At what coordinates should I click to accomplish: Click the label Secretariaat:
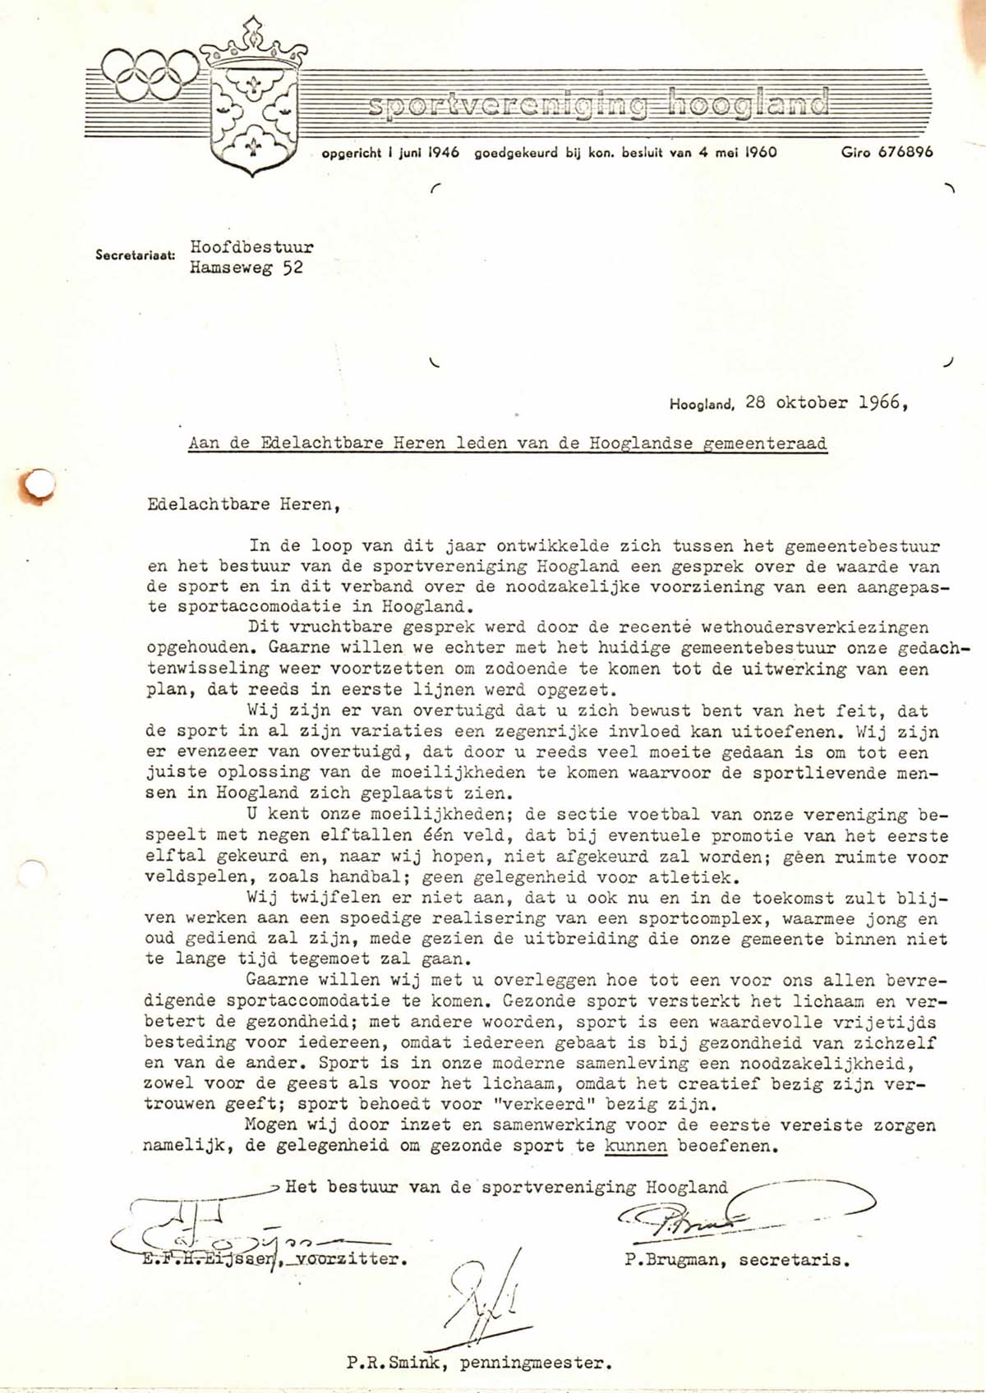(x=135, y=255)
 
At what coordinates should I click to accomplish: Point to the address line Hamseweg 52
(x=246, y=268)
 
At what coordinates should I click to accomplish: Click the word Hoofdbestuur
(x=251, y=246)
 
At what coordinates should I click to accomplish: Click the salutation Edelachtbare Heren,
(x=242, y=504)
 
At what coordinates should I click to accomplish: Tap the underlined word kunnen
(x=635, y=1146)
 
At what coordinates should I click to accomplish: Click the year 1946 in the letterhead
(x=443, y=152)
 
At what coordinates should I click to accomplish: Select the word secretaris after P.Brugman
(x=795, y=1259)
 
